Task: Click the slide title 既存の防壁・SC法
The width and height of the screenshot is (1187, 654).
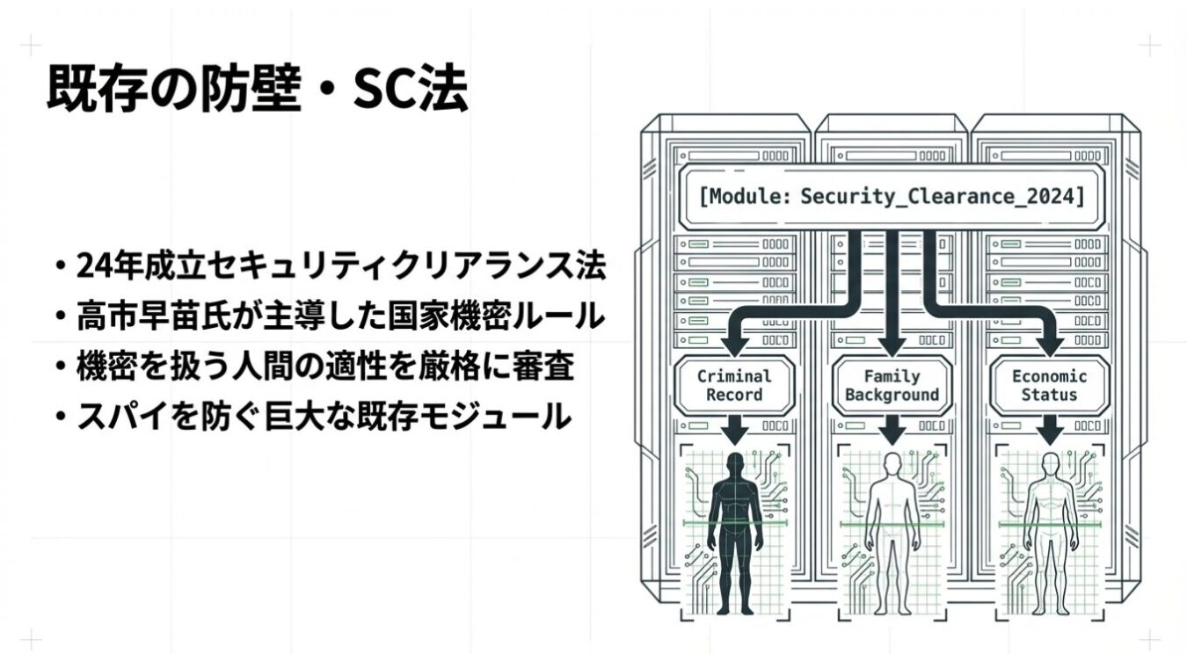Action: point(257,89)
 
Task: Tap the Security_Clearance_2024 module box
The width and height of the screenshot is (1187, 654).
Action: point(892,196)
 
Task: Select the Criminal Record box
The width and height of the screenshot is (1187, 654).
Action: point(734,385)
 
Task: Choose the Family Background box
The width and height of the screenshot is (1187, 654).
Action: point(892,385)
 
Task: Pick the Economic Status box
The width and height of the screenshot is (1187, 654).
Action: point(1049,385)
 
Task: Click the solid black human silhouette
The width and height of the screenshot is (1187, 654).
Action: point(735,527)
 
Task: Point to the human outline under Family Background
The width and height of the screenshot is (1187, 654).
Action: point(892,527)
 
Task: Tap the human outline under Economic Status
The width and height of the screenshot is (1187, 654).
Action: point(1049,527)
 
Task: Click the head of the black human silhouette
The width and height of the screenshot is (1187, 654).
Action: point(735,463)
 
